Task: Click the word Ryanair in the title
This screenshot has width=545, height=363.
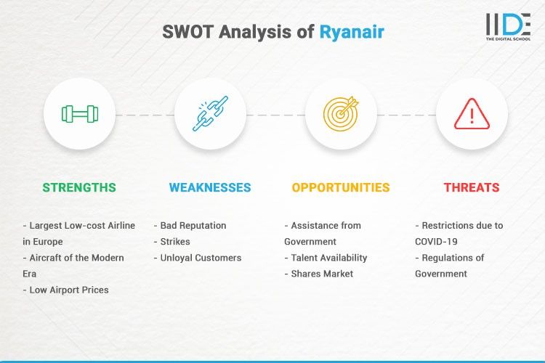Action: pyautogui.click(x=352, y=32)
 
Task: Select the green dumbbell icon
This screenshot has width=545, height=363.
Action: pyautogui.click(x=79, y=114)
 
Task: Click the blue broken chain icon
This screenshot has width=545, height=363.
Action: pyautogui.click(x=210, y=114)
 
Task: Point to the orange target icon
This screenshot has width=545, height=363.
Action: pyautogui.click(x=341, y=114)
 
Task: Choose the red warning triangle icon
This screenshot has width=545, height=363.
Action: pyautogui.click(x=472, y=114)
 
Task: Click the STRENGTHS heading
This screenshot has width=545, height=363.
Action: pyautogui.click(x=79, y=187)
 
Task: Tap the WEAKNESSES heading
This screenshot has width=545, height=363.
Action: pyautogui.click(x=210, y=187)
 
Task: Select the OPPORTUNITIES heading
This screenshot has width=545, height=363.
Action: pyautogui.click(x=341, y=187)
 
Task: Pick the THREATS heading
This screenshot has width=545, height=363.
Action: pyautogui.click(x=472, y=187)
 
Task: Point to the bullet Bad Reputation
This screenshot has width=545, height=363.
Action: pyautogui.click(x=190, y=226)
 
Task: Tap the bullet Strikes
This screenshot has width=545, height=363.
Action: pyautogui.click(x=174, y=242)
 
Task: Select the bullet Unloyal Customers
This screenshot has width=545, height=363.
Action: pyautogui.click(x=198, y=258)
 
